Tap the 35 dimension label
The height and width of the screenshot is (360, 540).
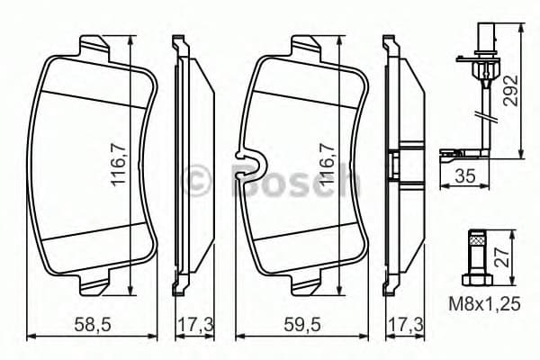(x=466, y=176)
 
